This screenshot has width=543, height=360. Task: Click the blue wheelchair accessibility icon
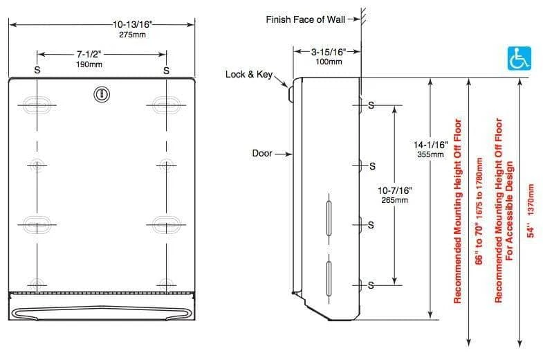(517, 59)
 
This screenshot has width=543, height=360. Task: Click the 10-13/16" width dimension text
(132, 25)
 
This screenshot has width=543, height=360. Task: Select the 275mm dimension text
(132, 35)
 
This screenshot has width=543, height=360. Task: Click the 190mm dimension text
(89, 64)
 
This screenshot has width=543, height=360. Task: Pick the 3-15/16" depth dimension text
(325, 52)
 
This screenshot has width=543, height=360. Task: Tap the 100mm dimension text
(325, 62)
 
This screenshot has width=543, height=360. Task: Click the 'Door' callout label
(262, 153)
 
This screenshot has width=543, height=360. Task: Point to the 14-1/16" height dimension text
(430, 145)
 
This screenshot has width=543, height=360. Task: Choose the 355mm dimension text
(430, 154)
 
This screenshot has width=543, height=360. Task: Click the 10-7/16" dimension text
(394, 190)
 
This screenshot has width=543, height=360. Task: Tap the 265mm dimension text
(394, 200)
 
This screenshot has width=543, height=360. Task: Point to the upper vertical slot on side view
(329, 209)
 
